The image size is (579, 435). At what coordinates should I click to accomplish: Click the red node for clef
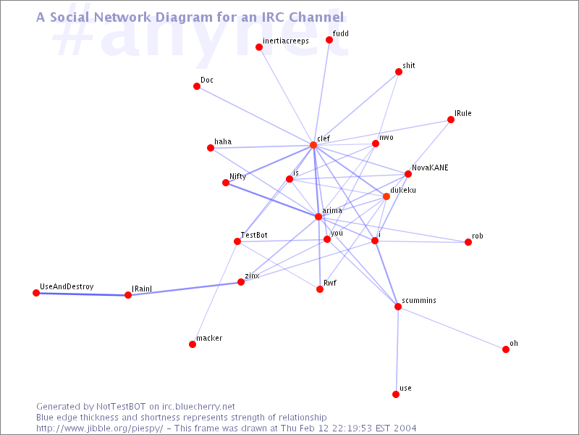coord(313,145)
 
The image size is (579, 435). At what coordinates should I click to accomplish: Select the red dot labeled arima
coord(318,217)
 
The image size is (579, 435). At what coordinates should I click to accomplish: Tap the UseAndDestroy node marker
coord(36,293)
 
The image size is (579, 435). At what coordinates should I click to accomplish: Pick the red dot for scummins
coord(397,307)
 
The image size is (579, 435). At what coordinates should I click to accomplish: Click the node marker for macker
coord(193,344)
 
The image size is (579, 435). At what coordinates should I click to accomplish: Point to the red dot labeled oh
coord(506,349)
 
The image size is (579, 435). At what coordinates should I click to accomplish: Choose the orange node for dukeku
coord(386,196)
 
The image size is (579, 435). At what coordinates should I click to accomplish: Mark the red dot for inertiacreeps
coord(259,47)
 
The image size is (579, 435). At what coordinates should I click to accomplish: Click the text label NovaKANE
coord(430,167)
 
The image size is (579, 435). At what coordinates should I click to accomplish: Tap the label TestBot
coord(254,235)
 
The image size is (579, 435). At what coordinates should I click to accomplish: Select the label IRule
coord(463,113)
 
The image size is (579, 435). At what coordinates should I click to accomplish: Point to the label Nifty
coord(238,176)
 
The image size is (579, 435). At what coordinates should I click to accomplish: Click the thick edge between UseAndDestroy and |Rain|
coord(82,294)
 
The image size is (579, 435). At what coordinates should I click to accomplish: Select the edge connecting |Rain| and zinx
coord(185,289)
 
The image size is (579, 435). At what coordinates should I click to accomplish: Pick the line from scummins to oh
coord(452,328)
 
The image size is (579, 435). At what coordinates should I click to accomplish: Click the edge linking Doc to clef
coord(255,116)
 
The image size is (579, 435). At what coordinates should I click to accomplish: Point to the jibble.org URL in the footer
coord(99,428)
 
